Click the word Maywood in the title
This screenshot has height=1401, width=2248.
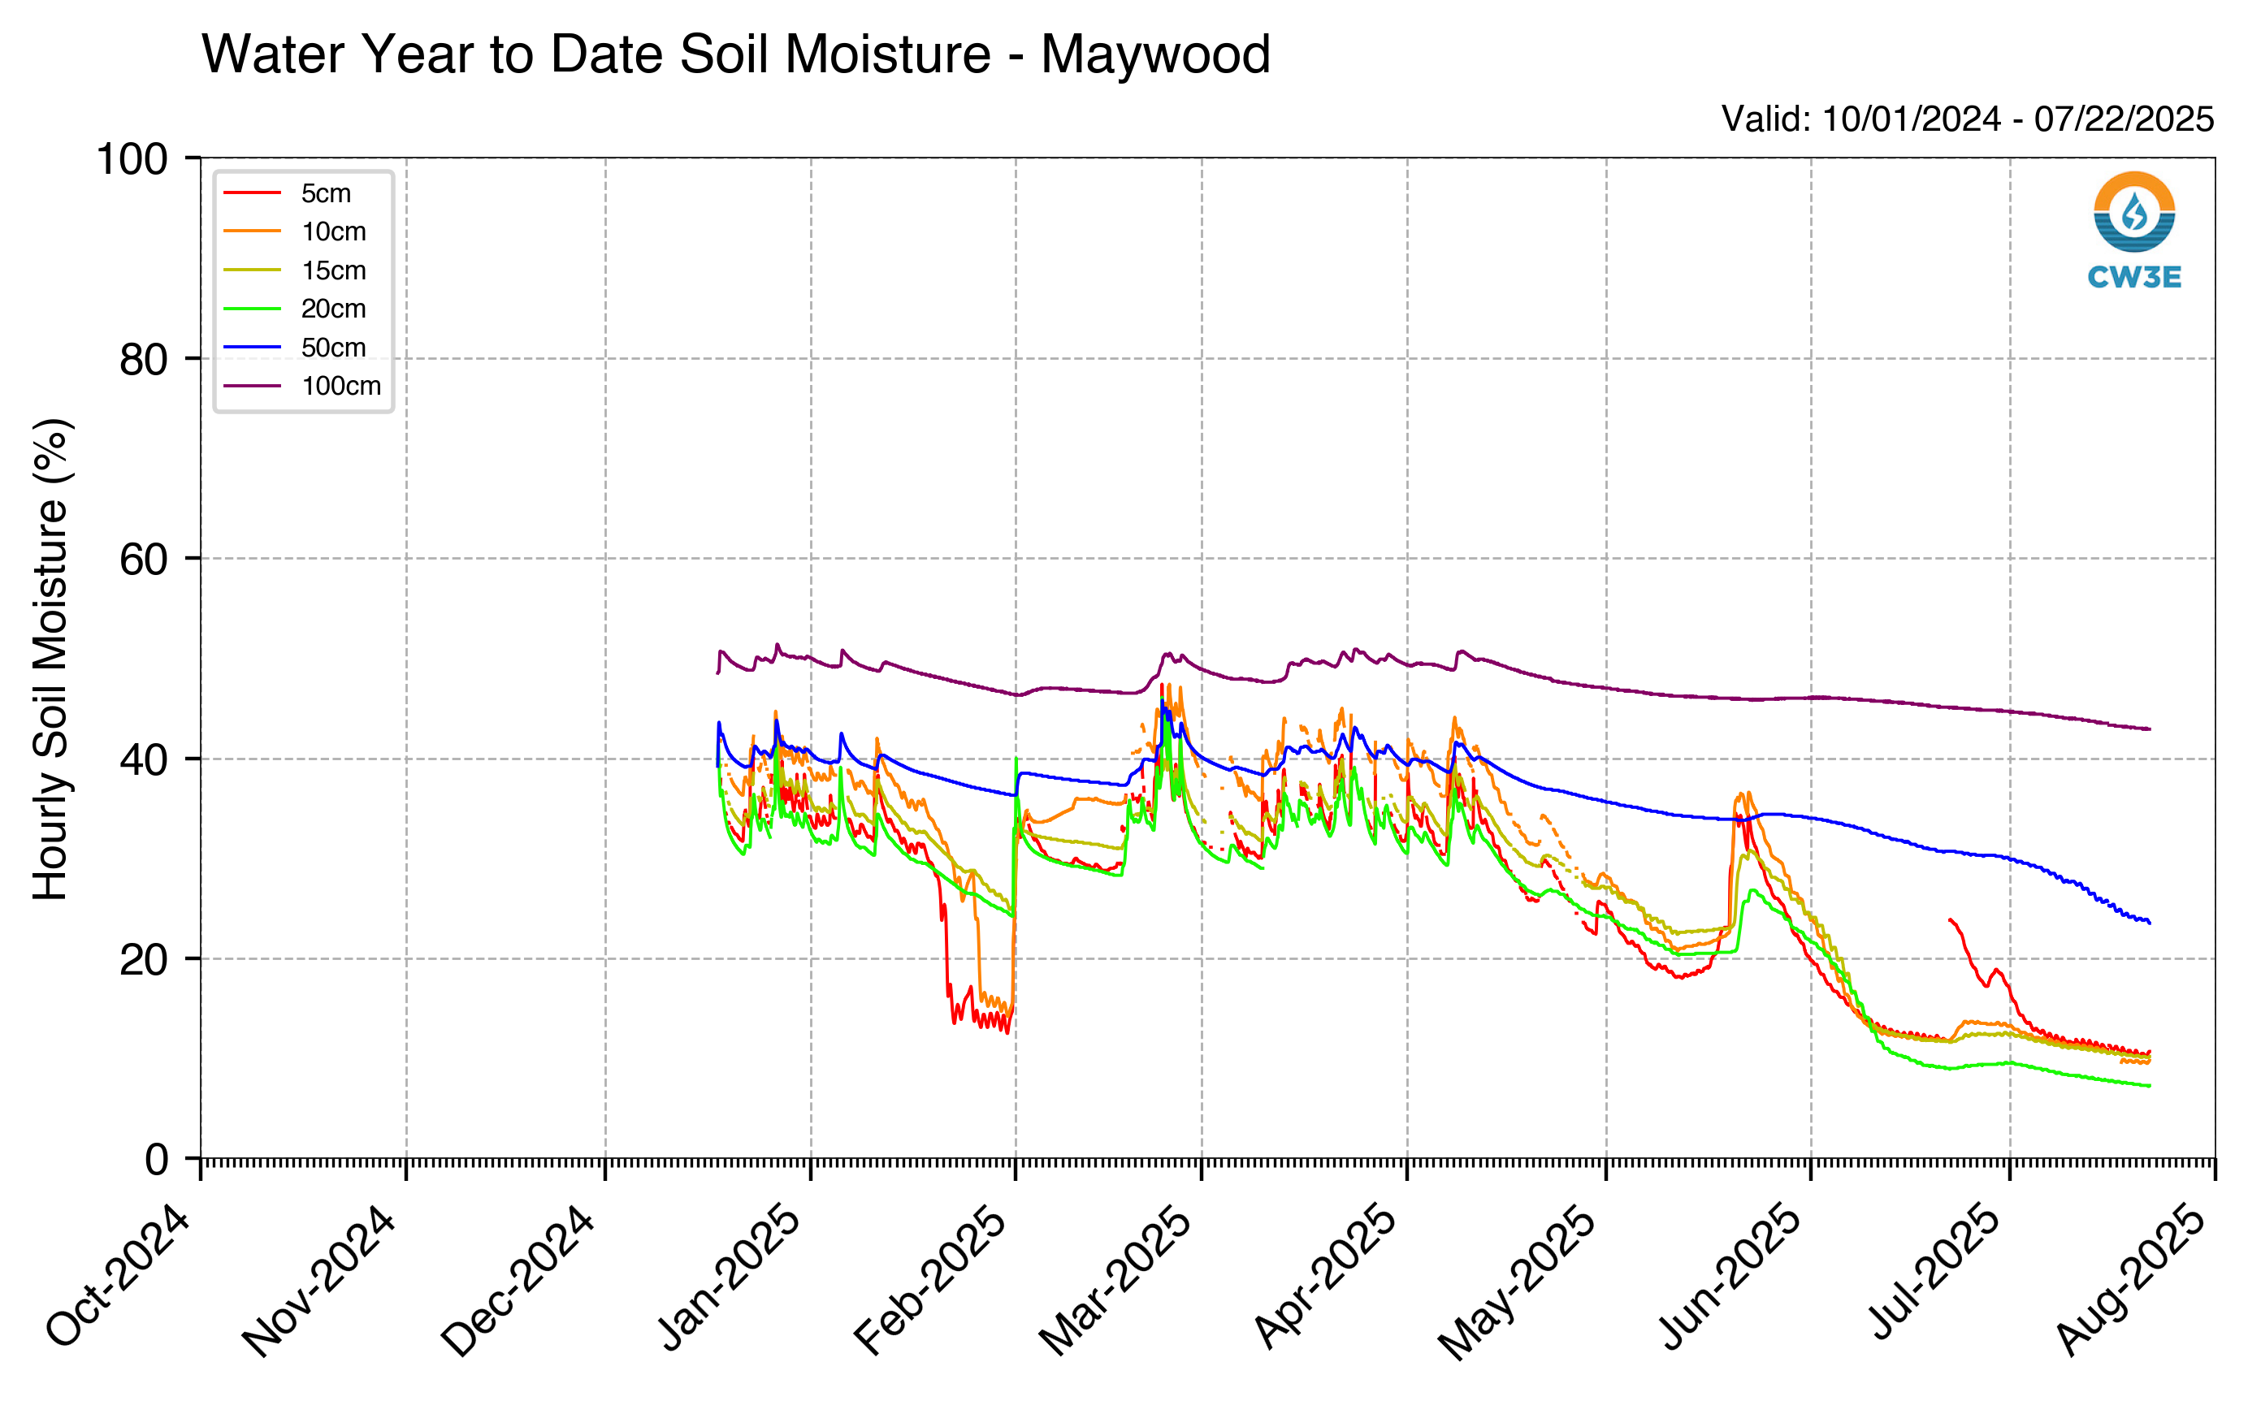tap(1154, 54)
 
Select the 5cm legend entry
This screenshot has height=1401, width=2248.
tap(288, 192)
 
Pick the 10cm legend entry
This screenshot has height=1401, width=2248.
tap(295, 231)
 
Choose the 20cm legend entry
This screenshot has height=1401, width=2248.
tap(295, 309)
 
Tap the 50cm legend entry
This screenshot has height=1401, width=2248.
tap(295, 348)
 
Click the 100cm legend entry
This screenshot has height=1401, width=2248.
tap(302, 386)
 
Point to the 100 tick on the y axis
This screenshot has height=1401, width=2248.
tap(132, 159)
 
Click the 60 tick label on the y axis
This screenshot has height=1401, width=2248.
tap(144, 559)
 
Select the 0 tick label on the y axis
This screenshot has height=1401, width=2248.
tap(157, 1159)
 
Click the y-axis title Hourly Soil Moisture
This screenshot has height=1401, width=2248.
tap(51, 659)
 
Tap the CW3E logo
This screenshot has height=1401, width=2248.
tap(2134, 230)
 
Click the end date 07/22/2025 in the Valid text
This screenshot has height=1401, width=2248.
tap(2124, 119)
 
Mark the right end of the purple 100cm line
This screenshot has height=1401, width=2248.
tap(2150, 729)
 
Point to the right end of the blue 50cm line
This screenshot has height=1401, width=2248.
tap(2150, 923)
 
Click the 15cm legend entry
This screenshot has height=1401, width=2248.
tap(295, 270)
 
